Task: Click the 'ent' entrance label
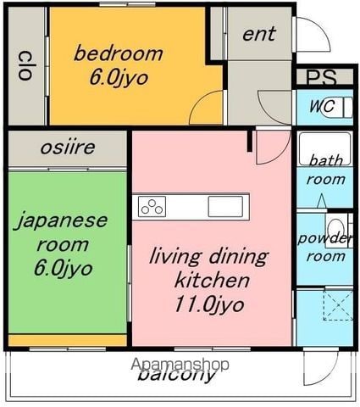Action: (259, 34)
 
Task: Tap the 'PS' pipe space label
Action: (322, 77)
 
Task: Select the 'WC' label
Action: (322, 106)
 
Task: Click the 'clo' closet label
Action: (25, 65)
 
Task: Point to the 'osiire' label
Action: (68, 148)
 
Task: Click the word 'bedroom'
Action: (119, 53)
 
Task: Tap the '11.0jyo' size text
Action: (209, 305)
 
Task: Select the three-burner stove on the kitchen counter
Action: (152, 207)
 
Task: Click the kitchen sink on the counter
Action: (225, 207)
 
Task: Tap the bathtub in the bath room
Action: (324, 149)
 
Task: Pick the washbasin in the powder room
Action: (336, 229)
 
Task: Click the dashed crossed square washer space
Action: (338, 305)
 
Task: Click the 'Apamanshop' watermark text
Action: (180, 365)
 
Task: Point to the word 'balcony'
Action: (176, 375)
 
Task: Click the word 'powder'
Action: (325, 239)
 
